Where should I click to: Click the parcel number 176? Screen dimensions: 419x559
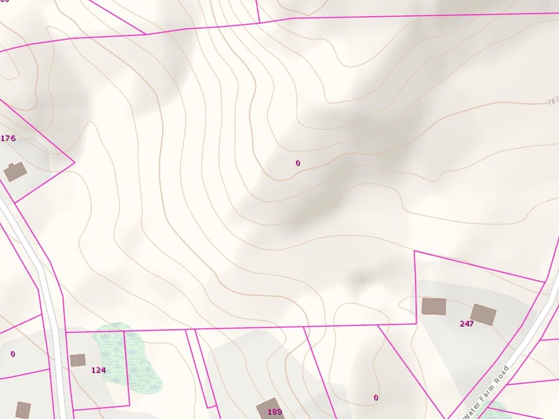[8, 138]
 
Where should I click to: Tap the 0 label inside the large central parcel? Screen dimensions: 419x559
[298, 163]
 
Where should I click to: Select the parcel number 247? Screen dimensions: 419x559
[467, 324]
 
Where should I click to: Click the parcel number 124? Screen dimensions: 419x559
[98, 370]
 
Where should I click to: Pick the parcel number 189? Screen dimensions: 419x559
[274, 412]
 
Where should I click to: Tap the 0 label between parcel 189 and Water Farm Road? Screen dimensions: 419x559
[376, 398]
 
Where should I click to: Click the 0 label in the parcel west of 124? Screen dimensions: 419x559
[13, 354]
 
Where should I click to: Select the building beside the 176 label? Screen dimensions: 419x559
[15, 172]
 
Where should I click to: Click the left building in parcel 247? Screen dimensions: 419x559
[434, 306]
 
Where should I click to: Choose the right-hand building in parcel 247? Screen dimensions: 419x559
[483, 315]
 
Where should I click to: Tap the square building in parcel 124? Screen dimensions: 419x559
[78, 360]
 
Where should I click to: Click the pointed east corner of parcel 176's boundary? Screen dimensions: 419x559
[75, 163]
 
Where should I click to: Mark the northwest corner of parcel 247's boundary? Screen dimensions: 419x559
[415, 251]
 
